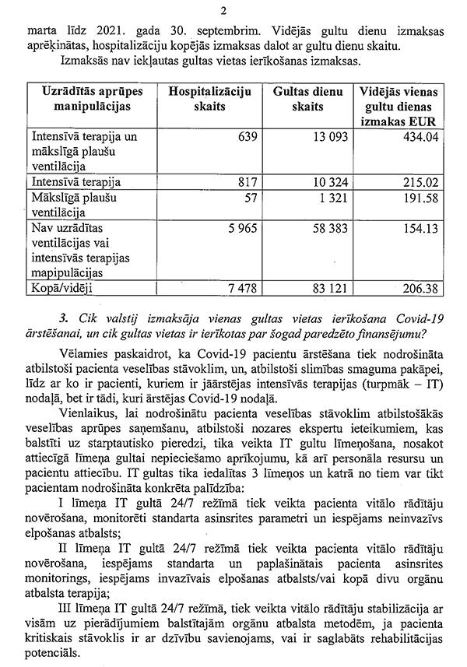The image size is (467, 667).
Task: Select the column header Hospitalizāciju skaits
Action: point(205,99)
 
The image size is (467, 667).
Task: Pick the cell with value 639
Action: point(244,136)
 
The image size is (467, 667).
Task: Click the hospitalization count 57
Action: point(248,196)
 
